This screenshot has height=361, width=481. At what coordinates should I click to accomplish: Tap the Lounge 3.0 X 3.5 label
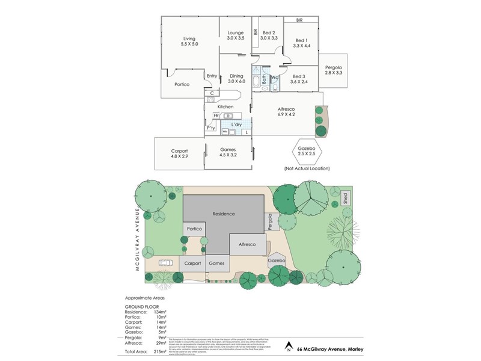[x=236, y=35]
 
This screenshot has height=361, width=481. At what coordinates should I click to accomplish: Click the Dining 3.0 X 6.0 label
[x=236, y=78]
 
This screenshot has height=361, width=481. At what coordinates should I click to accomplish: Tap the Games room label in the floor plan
[x=228, y=152]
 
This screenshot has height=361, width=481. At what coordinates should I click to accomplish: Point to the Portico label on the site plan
[x=194, y=229]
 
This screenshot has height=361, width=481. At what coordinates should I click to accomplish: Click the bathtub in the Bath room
[x=256, y=81]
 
